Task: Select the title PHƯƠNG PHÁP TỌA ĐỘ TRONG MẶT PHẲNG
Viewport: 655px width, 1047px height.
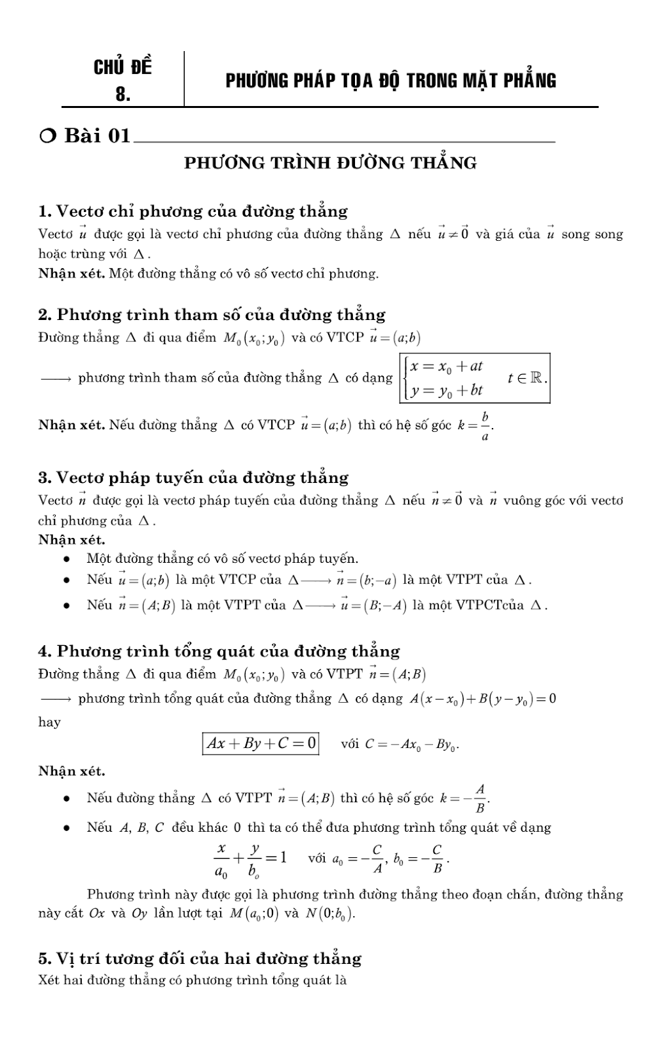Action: coord(390,80)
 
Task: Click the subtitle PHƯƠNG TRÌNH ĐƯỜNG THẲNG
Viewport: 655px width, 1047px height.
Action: coord(330,163)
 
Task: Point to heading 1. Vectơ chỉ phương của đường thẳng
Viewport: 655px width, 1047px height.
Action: coord(193,211)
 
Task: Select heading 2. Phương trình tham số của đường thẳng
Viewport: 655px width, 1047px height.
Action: coord(212,315)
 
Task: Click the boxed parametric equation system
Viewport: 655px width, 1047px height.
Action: coord(474,378)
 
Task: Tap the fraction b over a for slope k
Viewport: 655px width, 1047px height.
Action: coord(485,427)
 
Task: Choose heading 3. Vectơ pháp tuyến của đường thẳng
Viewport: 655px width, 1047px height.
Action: coord(193,478)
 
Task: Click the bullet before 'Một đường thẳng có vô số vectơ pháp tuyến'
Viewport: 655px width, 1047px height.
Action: coord(66,559)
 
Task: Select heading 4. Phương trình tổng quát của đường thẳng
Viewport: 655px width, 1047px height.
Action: coord(219,651)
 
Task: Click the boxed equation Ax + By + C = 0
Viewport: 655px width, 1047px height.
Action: coord(261,743)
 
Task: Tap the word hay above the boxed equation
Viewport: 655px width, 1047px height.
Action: coord(49,722)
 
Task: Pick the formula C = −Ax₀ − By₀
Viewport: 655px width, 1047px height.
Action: coord(411,744)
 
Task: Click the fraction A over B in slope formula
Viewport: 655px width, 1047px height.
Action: coord(480,798)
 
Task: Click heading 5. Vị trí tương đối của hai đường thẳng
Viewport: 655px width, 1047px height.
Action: coord(200,959)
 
